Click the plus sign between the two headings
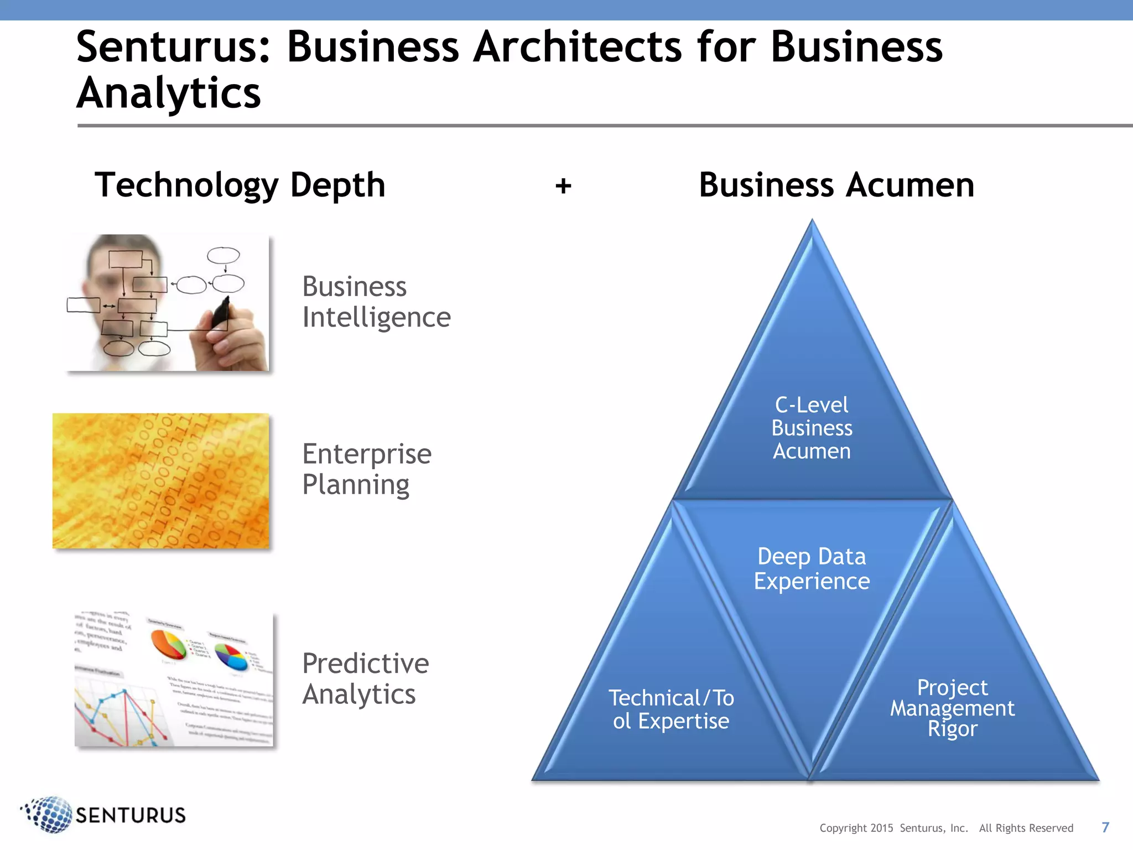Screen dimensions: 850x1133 563,186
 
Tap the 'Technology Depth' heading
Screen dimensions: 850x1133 240,185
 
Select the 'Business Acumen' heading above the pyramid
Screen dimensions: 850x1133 836,185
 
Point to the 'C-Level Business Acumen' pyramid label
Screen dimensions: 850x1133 812,428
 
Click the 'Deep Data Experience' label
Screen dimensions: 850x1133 812,568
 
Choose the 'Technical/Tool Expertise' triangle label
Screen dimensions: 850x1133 671,709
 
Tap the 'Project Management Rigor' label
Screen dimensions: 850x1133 952,708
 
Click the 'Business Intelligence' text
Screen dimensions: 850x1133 376,302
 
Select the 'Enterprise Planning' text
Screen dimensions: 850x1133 366,469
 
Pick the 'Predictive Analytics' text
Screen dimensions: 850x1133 365,678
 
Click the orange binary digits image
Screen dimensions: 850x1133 161,481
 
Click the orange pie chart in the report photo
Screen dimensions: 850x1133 168,645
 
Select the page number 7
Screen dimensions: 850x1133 1105,827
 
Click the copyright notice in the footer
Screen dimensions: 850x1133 946,828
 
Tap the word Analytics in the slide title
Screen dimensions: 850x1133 169,93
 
